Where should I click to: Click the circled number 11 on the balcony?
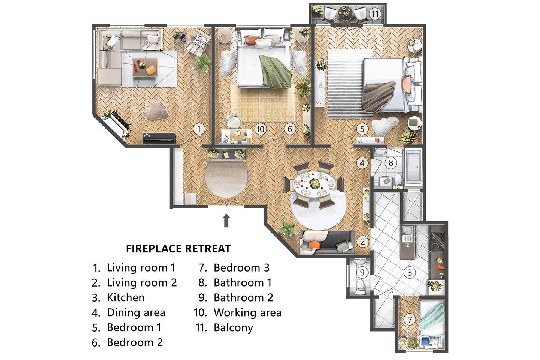(375, 14)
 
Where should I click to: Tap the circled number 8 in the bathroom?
(391, 163)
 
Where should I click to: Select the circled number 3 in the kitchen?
(409, 273)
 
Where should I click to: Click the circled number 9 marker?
(362, 273)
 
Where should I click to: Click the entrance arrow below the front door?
(226, 220)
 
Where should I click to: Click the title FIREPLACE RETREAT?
(178, 249)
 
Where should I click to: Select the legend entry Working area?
(247, 312)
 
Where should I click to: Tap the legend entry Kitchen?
(126, 297)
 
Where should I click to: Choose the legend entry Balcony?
(233, 327)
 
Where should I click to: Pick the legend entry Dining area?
(136, 312)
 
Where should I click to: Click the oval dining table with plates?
(314, 184)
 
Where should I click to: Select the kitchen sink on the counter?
(407, 234)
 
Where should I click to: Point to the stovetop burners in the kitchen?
(438, 241)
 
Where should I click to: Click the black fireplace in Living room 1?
(159, 138)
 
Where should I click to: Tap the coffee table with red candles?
(145, 67)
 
